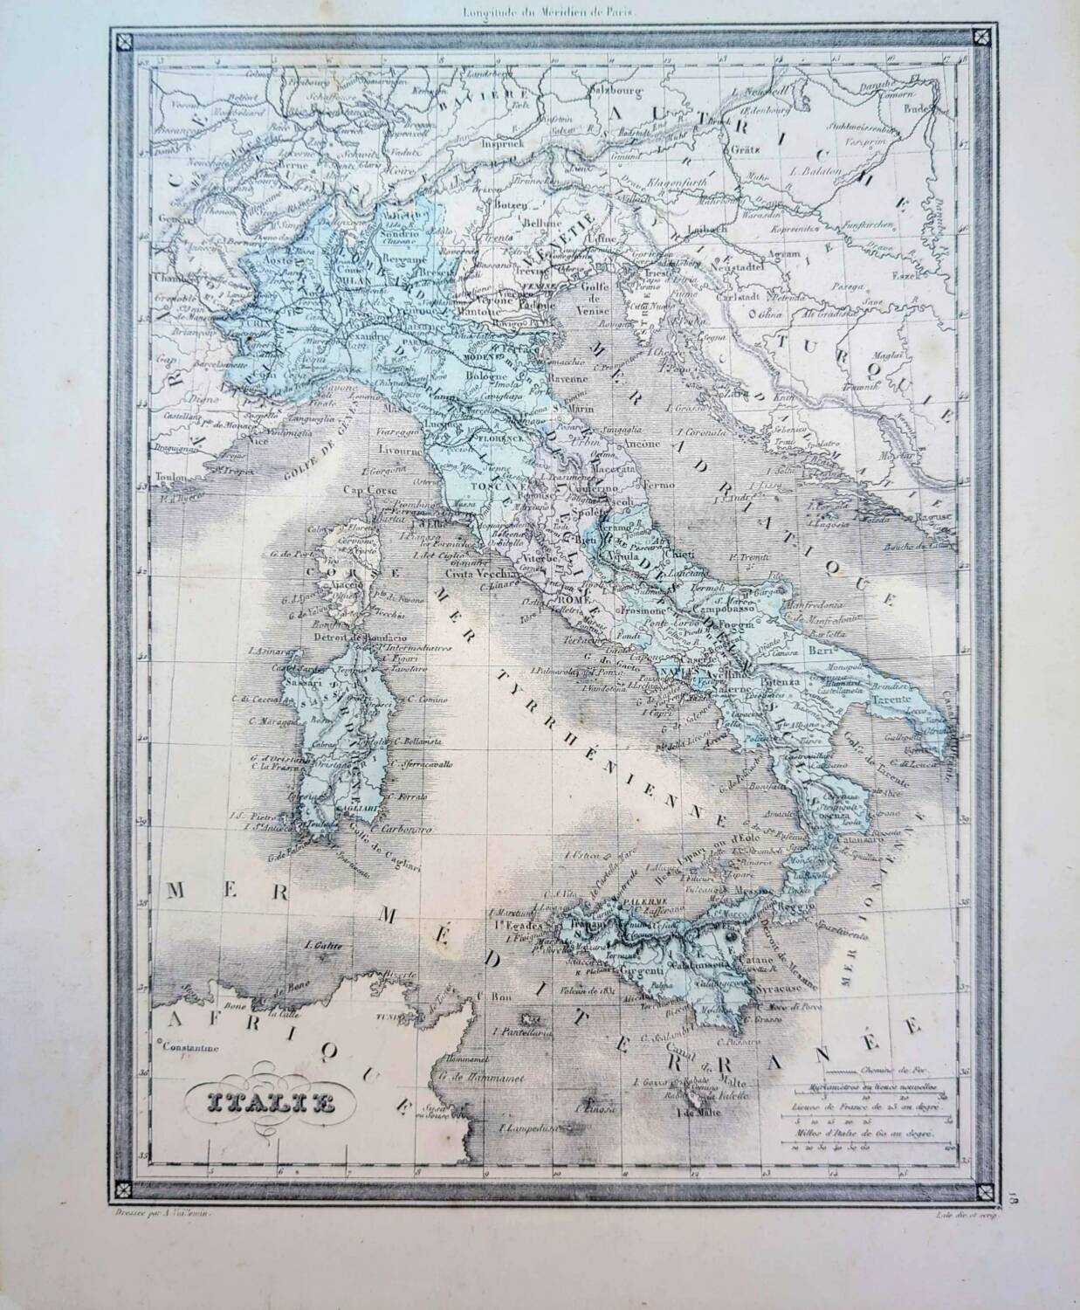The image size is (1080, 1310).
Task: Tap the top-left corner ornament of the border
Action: pyautogui.click(x=122, y=39)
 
